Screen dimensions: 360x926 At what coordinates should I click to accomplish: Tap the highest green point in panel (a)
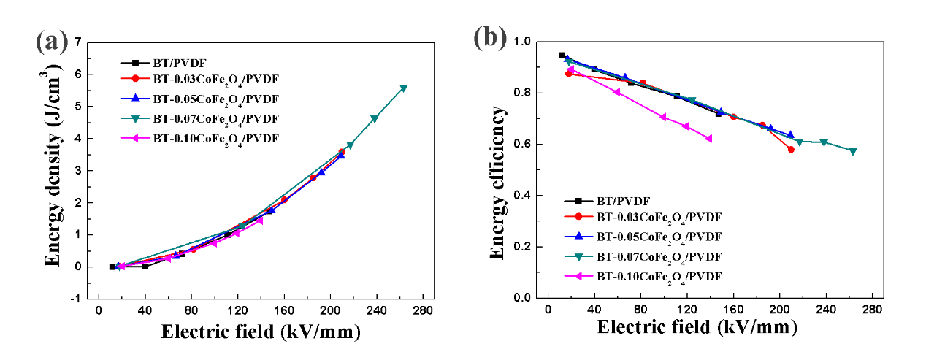(x=404, y=88)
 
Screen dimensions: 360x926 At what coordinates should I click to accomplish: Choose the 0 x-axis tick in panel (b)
(x=548, y=310)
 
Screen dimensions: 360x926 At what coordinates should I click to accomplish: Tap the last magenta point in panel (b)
(x=708, y=139)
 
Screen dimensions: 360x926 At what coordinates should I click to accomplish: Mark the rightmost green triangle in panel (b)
(x=852, y=152)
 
